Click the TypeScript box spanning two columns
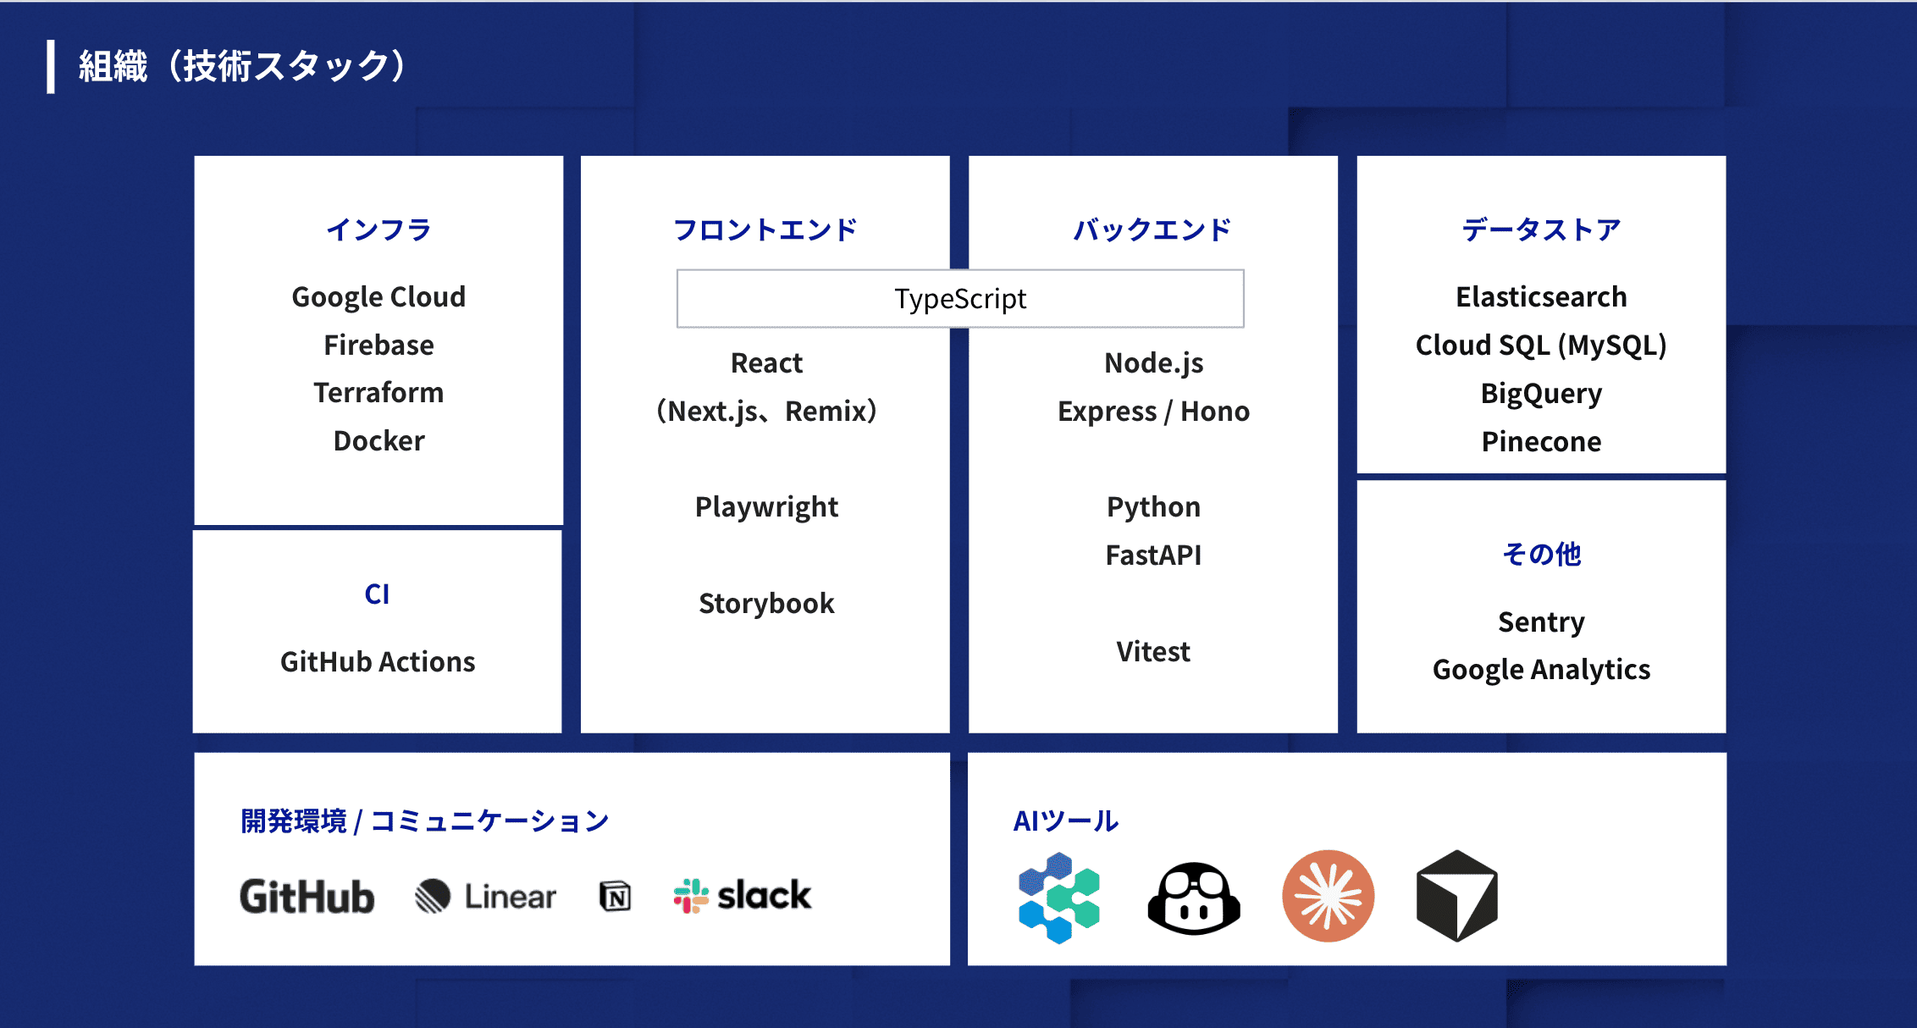pos(960,299)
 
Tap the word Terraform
pos(378,393)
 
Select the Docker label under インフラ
pos(378,441)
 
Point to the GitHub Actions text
pos(378,662)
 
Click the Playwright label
pos(766,507)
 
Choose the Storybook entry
pos(766,604)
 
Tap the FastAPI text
pos(1153,555)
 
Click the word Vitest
pos(1153,652)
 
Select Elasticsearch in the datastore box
pos(1541,297)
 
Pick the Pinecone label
pos(1541,442)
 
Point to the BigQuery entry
pos(1541,394)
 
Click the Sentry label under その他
pos(1541,622)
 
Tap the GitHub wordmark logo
pos(307,897)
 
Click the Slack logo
pos(743,896)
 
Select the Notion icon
pos(616,896)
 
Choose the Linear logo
pos(486,896)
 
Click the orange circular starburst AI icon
pos(1328,896)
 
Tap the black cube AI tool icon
pos(1456,896)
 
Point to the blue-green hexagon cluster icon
pos(1058,898)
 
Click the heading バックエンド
pos(1152,229)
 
